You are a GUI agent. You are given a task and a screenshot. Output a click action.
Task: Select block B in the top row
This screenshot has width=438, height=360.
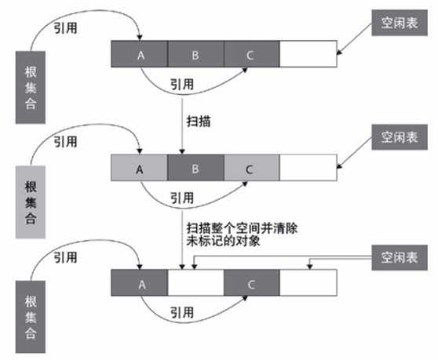[x=195, y=55]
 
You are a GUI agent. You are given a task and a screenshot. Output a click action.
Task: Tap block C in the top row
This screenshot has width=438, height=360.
[x=251, y=55]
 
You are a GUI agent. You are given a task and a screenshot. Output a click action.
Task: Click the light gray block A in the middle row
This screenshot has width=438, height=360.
[x=140, y=169]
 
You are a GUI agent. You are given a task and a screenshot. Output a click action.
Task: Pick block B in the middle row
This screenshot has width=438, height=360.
[x=195, y=169]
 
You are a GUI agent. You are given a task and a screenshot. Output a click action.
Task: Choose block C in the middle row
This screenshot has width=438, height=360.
[x=251, y=169]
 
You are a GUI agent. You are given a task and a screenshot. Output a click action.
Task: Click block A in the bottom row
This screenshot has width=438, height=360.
[x=140, y=283]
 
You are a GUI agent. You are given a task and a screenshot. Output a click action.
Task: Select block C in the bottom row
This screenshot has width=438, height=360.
[x=251, y=283]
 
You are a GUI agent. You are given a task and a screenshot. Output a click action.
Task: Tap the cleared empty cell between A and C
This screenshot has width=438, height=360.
[x=195, y=283]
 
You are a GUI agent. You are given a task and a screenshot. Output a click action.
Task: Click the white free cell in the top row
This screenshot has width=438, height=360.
[x=307, y=55]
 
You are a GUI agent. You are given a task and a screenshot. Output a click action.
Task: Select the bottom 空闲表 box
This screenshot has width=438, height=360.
[x=400, y=257]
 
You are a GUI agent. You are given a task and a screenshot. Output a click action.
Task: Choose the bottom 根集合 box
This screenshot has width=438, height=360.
[x=31, y=314]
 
